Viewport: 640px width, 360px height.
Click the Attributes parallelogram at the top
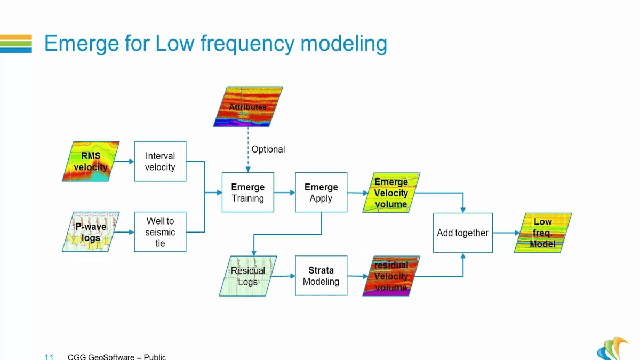pyautogui.click(x=247, y=107)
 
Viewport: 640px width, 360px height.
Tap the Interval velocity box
pyautogui.click(x=160, y=162)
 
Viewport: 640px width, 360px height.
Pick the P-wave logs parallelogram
pyautogui.click(x=91, y=232)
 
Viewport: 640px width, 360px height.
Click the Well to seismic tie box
pyautogui.click(x=160, y=232)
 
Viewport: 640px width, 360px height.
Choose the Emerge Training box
pyautogui.click(x=247, y=193)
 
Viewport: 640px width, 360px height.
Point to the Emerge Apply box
pyautogui.click(x=321, y=193)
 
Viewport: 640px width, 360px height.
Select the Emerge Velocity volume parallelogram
pyautogui.click(x=391, y=193)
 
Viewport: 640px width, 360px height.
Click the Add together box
pyautogui.click(x=462, y=233)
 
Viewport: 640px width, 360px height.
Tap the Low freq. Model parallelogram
pyautogui.click(x=543, y=233)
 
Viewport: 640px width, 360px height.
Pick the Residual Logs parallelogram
pyautogui.click(x=247, y=276)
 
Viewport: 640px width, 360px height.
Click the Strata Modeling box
pyautogui.click(x=321, y=276)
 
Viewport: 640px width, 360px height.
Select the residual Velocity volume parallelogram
pyautogui.click(x=391, y=276)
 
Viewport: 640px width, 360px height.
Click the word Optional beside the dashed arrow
pyautogui.click(x=268, y=149)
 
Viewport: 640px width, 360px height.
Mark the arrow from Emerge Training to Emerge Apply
pyautogui.click(x=284, y=193)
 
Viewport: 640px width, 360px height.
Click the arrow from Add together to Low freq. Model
pyautogui.click(x=506, y=233)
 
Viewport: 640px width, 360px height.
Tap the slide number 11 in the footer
pyautogui.click(x=49, y=356)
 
